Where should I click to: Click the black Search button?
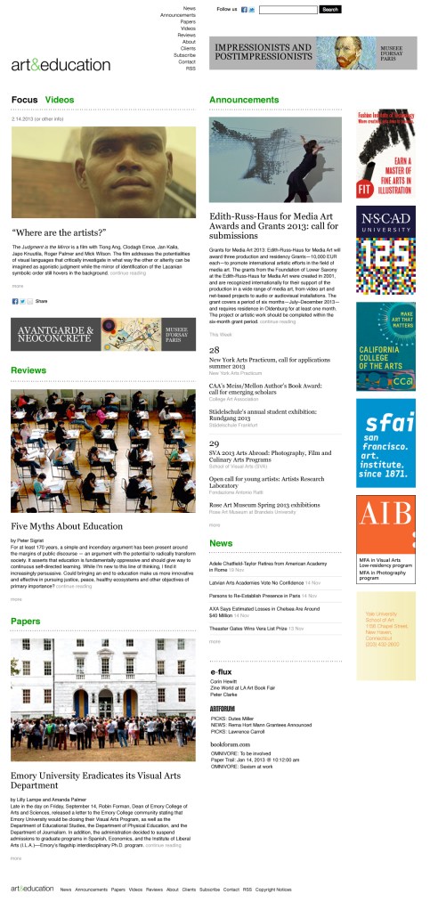329,9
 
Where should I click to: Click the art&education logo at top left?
61,64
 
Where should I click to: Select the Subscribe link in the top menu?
184,54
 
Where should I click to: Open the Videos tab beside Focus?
60,99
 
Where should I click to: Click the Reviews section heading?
28,369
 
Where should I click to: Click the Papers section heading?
25,621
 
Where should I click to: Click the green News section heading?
220,542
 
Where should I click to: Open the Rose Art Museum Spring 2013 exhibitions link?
264,504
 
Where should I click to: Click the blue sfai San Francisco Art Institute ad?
385,442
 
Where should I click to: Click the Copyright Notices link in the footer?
272,889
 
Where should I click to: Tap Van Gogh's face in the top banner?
340,52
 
